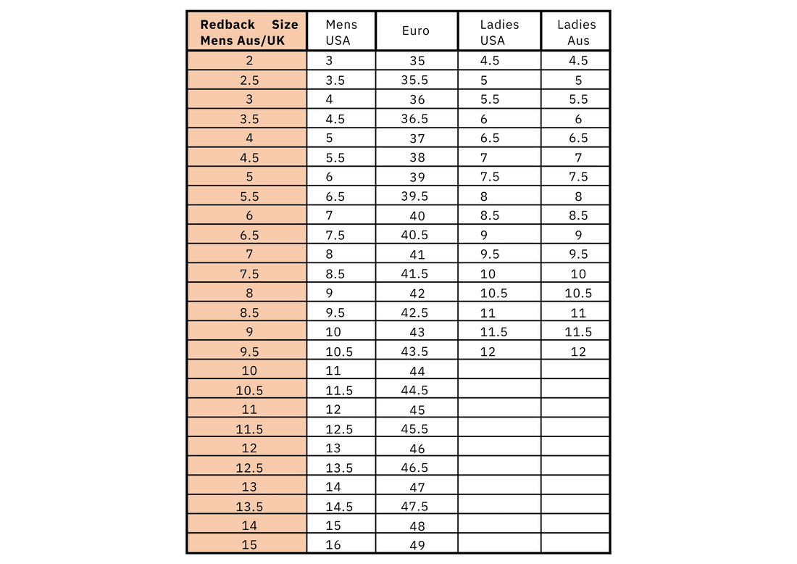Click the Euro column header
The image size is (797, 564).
[x=416, y=31]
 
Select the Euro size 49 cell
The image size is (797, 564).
[x=417, y=545]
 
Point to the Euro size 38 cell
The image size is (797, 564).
[x=417, y=157]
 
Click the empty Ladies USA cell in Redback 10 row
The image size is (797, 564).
[x=499, y=371]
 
